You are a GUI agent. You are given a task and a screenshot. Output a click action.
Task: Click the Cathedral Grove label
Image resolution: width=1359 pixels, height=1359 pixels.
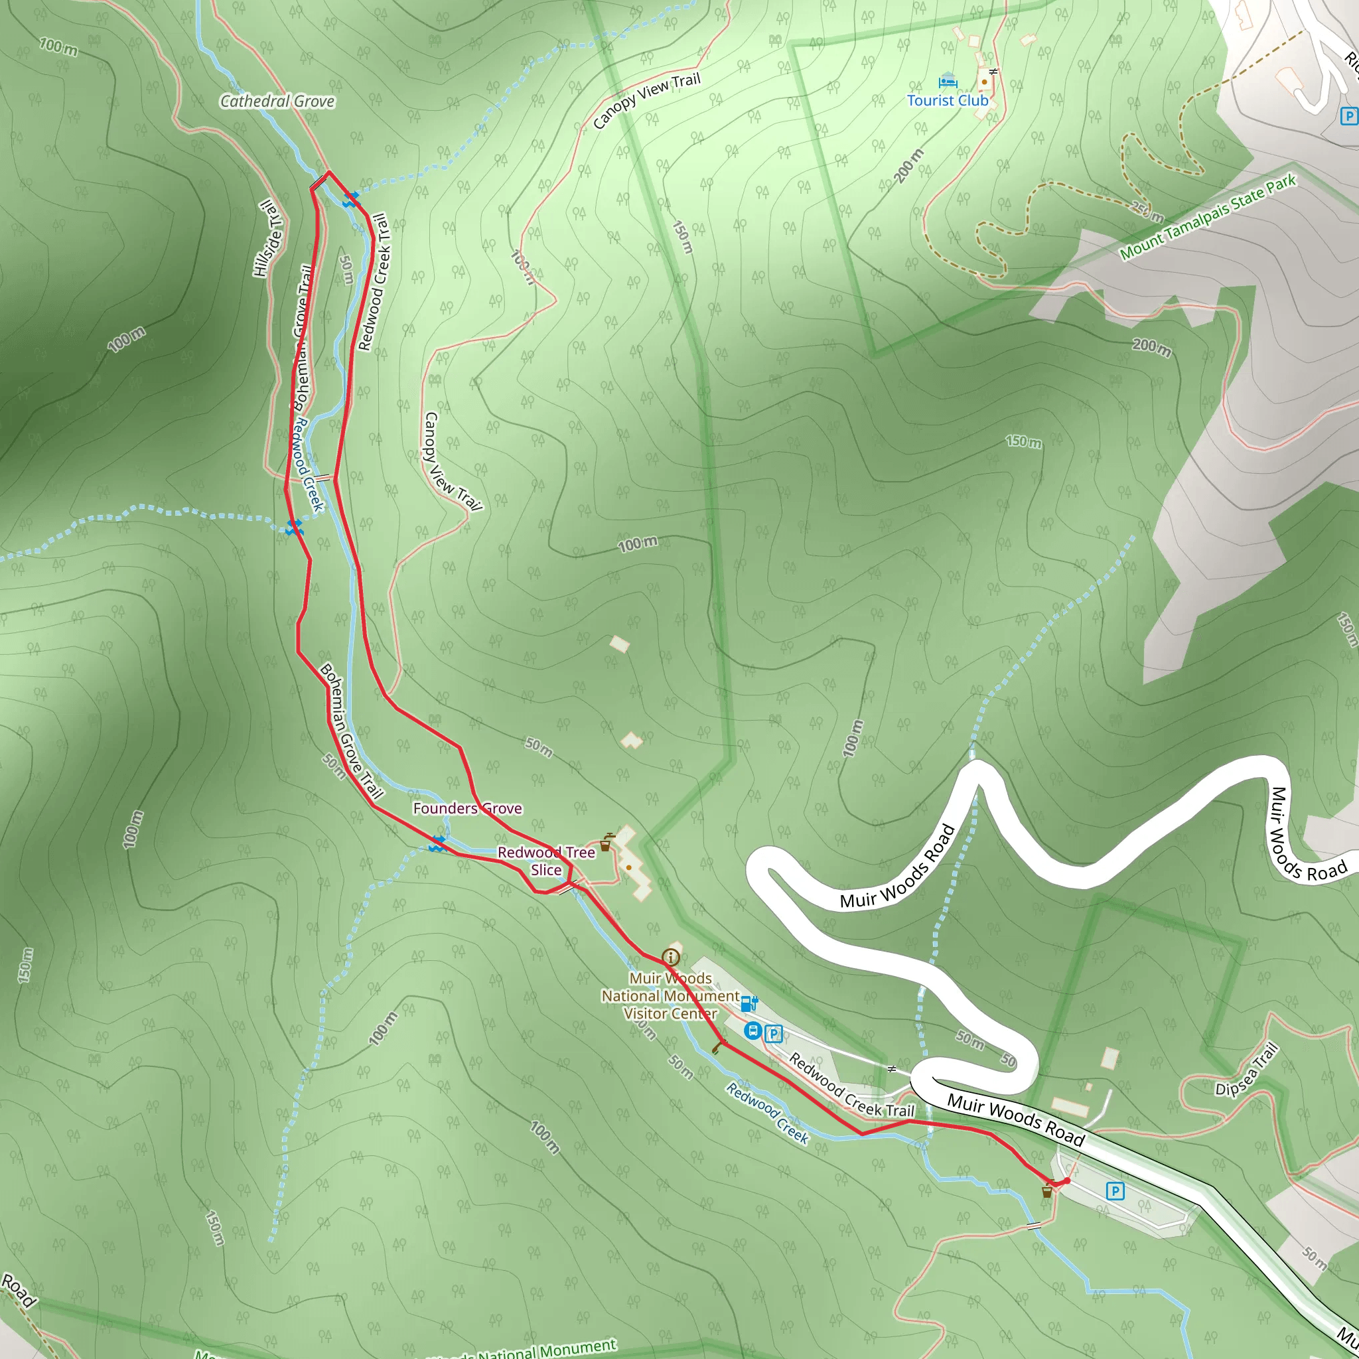click(x=277, y=102)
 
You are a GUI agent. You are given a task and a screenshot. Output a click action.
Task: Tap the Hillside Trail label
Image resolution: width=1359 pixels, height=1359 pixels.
click(x=267, y=238)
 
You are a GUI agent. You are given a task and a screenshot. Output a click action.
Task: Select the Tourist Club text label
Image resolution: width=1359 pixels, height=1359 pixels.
click(x=948, y=101)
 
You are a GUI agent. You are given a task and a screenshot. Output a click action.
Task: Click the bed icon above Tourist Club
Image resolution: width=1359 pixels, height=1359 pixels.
click(x=948, y=81)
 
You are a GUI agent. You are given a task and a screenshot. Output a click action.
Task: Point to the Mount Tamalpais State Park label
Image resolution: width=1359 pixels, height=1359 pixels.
click(x=1208, y=218)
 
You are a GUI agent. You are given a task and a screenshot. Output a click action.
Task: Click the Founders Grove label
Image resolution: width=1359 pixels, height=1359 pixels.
click(x=467, y=808)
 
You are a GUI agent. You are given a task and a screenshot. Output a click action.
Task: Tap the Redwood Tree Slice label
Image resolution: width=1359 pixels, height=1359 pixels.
click(x=547, y=861)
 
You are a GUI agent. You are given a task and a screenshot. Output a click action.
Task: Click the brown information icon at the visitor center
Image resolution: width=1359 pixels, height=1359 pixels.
click(x=670, y=957)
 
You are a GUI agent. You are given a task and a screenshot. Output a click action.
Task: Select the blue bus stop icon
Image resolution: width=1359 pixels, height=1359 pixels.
click(x=752, y=1031)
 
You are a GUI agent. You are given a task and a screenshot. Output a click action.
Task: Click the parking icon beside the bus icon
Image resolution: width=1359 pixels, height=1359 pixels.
click(x=774, y=1033)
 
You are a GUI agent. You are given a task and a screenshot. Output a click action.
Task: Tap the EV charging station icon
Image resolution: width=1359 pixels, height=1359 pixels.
click(x=749, y=1003)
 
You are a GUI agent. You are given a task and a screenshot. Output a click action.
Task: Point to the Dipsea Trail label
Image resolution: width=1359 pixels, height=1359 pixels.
click(x=1246, y=1070)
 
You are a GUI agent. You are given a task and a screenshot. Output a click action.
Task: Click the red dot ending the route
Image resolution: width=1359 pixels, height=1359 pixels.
click(x=1067, y=1181)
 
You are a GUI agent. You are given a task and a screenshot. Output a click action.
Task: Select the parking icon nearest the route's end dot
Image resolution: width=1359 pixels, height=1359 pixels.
click(x=1115, y=1191)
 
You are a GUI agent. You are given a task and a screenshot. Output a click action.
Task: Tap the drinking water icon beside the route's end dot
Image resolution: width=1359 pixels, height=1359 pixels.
click(x=1047, y=1192)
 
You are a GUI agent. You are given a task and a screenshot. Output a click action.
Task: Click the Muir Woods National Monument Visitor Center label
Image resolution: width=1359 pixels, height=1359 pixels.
click(x=670, y=995)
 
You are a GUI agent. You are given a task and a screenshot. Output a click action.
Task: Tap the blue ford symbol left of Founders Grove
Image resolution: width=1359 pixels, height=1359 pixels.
click(x=437, y=843)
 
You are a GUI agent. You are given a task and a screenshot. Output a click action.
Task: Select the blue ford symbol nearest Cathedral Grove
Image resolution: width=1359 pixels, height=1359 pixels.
click(x=350, y=200)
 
